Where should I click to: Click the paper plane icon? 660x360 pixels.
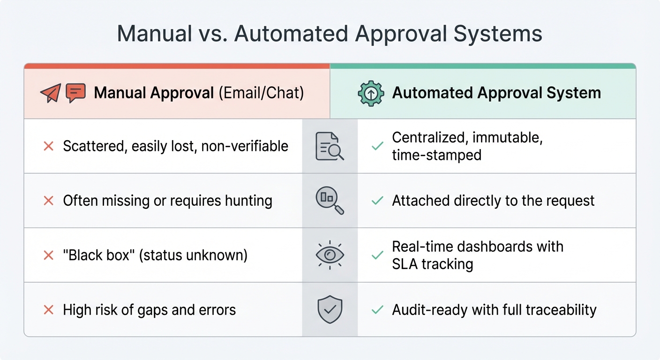[x=50, y=93]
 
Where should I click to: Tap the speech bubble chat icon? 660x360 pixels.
[x=75, y=93]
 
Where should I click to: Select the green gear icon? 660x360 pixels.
[x=371, y=93]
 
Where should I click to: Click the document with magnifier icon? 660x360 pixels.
[x=330, y=146]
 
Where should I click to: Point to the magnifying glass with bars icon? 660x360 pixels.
[x=330, y=201]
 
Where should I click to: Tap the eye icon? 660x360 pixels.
[x=330, y=255]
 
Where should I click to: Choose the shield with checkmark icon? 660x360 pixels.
[x=330, y=309]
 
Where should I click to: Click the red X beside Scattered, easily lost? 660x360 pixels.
[x=48, y=146]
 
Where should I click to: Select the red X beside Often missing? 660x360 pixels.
[x=48, y=201]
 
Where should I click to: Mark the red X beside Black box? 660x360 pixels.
[x=48, y=255]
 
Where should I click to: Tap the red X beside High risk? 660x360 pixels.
[x=48, y=310]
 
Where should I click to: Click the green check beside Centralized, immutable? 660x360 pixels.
[x=377, y=146]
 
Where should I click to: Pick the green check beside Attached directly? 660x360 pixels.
[x=377, y=201]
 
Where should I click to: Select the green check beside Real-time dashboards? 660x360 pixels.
[x=377, y=255]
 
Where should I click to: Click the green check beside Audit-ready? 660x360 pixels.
[x=377, y=310]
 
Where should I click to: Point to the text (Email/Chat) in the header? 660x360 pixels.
[x=261, y=93]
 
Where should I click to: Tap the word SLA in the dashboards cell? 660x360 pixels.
[x=405, y=264]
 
